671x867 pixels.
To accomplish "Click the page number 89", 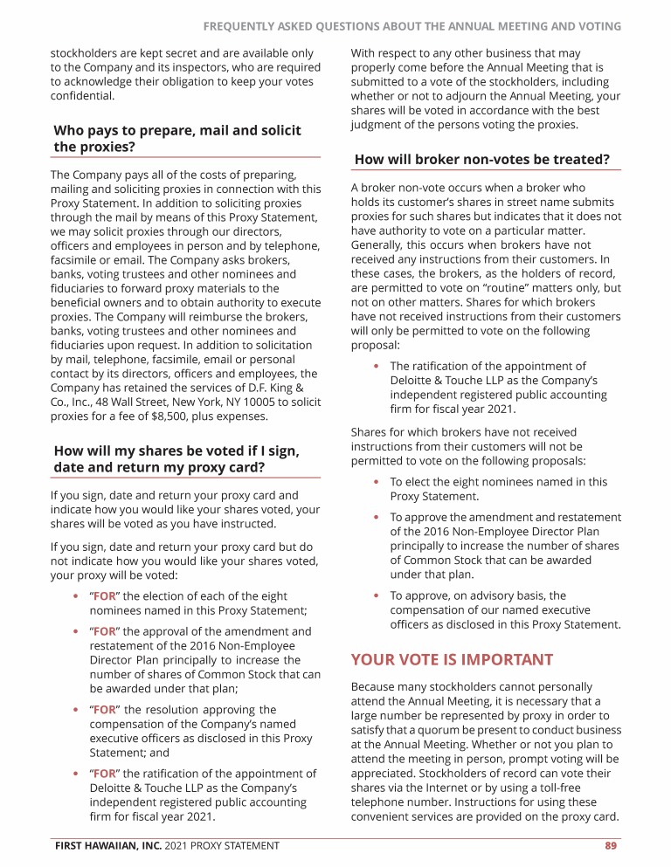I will click(x=611, y=845).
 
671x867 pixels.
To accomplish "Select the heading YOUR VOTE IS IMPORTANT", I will click(x=452, y=659).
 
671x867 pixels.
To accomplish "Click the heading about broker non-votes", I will click(x=482, y=159).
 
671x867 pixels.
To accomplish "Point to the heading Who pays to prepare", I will click(x=177, y=138).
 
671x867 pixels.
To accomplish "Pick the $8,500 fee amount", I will click(x=147, y=416).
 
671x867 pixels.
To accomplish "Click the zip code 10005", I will click(x=234, y=403).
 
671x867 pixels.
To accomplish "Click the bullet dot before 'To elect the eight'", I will click(x=376, y=482).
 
